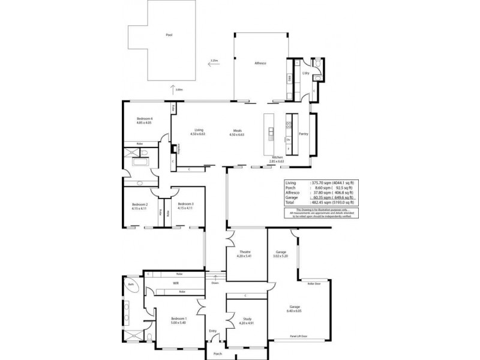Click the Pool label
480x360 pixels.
pyautogui.click(x=169, y=35)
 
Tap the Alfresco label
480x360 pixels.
pyautogui.click(x=260, y=63)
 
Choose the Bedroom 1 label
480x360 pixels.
pyautogui.click(x=178, y=319)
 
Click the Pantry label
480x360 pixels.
pyautogui.click(x=304, y=134)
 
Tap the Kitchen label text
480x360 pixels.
pyautogui.click(x=277, y=157)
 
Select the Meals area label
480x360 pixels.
pyautogui.click(x=238, y=132)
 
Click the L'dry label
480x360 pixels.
pyautogui.click(x=306, y=73)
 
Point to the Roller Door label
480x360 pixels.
pyautogui.click(x=313, y=283)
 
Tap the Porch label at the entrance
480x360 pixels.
pyautogui.click(x=218, y=353)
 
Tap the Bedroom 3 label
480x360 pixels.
pyautogui.click(x=185, y=206)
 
